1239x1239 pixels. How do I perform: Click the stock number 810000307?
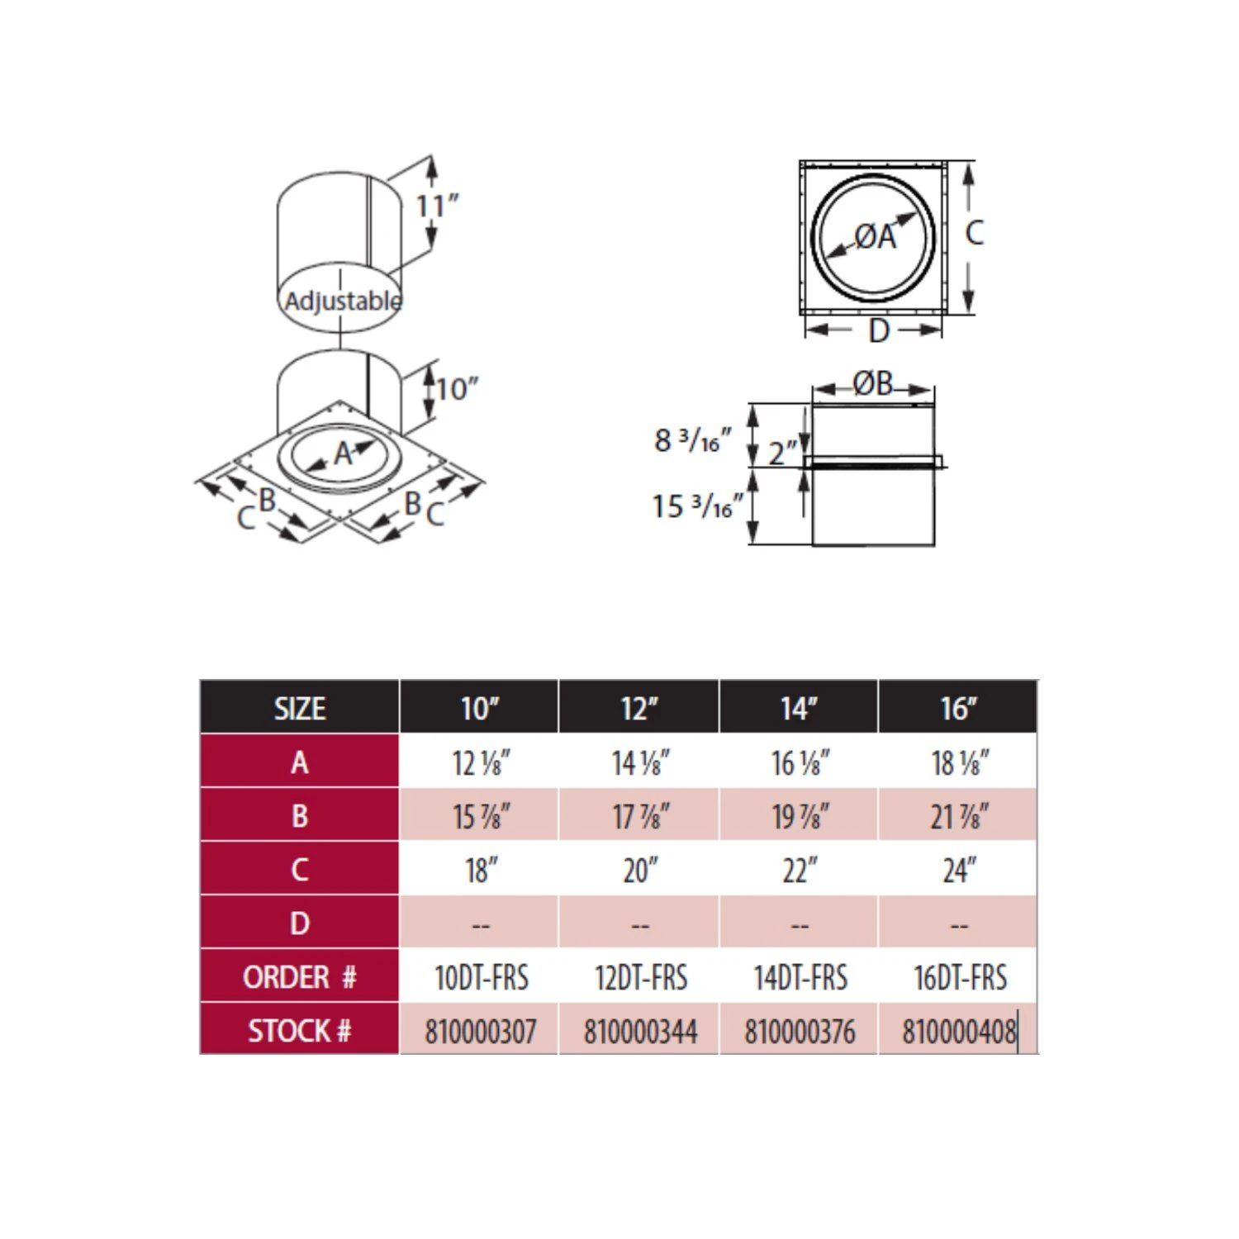480,1031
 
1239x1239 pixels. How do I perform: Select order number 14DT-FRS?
800,978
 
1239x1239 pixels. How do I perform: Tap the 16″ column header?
958,708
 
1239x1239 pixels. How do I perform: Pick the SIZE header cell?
300,709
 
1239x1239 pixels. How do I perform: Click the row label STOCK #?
300,1031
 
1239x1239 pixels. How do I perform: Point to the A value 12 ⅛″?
481,762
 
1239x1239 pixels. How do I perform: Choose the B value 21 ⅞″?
959,816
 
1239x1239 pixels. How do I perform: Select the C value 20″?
640,870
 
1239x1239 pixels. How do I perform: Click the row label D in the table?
300,923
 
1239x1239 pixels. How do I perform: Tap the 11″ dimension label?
437,206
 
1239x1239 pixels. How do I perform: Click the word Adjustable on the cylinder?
343,301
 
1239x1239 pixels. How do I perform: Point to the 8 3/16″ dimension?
692,440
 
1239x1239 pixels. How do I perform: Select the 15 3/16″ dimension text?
696,506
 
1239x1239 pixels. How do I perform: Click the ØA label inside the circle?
875,237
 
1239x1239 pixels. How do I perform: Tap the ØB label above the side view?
873,384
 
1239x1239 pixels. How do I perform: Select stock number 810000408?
959,1031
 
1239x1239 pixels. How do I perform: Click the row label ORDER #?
300,977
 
